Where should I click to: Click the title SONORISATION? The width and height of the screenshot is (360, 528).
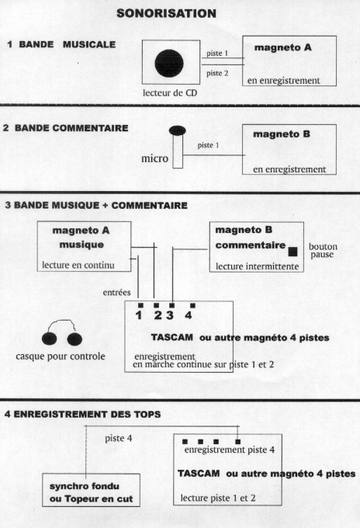[166, 13]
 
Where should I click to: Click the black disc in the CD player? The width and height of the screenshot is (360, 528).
[169, 64]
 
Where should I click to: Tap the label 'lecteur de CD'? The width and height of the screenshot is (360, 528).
[170, 93]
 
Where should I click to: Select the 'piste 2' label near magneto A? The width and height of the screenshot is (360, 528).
[217, 73]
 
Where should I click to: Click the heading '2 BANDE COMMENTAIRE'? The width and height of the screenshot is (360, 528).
[66, 128]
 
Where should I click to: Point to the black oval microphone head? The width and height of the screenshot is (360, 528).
[178, 130]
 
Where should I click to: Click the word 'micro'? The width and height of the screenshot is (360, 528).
[154, 158]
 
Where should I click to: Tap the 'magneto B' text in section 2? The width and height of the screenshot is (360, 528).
[282, 134]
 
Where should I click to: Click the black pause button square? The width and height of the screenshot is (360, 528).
[292, 252]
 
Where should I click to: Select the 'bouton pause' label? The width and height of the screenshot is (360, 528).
[323, 251]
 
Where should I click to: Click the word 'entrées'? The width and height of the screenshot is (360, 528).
[116, 292]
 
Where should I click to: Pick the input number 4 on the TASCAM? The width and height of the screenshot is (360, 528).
[189, 315]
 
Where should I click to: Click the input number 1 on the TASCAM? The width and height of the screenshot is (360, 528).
[139, 315]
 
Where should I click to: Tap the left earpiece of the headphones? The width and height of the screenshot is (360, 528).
[50, 339]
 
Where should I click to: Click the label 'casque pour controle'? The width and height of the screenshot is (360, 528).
[61, 356]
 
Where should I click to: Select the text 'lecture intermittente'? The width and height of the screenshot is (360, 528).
[257, 266]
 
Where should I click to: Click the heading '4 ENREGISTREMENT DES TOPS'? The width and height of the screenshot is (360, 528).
[82, 414]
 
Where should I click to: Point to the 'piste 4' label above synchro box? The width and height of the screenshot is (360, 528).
[118, 439]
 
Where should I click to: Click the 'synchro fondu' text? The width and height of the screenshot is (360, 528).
[84, 486]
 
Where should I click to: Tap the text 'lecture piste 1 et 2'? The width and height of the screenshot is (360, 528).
[218, 498]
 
